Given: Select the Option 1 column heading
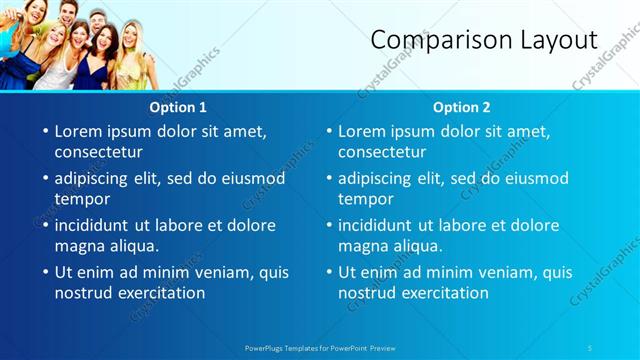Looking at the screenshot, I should pos(178,107).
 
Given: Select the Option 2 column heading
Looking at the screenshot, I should pos(462,107).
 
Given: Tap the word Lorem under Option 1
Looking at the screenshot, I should pos(81,131).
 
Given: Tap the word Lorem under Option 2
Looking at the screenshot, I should pos(365,131).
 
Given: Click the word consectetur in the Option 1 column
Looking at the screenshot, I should pos(98,152).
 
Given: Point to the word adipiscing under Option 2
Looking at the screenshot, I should pos(375,178).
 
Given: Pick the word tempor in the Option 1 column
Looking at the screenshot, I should pos(81,199).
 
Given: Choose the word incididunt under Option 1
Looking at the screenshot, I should pos(95,225).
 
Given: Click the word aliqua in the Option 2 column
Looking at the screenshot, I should pos(418,246).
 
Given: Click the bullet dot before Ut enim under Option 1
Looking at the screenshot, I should pos(44,272).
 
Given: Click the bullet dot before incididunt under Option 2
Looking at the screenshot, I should pos(328,225).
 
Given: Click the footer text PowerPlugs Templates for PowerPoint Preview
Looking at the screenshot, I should pos(319,348).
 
